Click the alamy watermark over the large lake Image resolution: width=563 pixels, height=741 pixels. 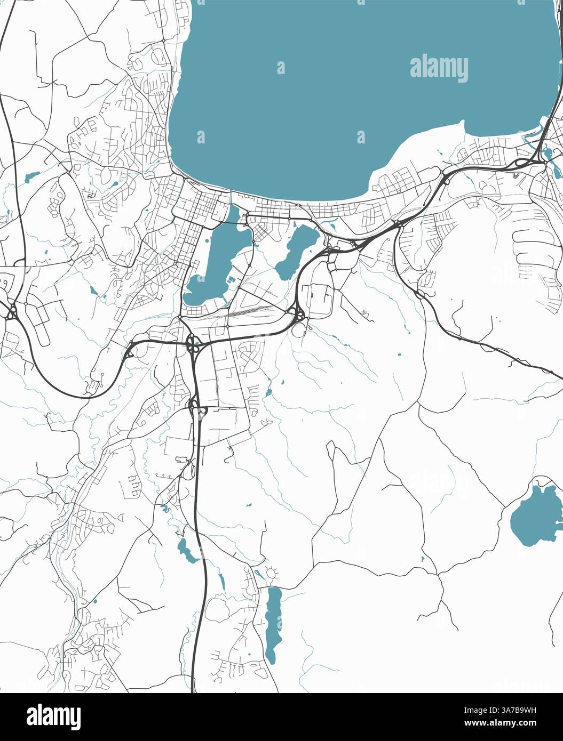(439, 69)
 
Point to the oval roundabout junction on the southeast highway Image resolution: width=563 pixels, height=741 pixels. (420, 294)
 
